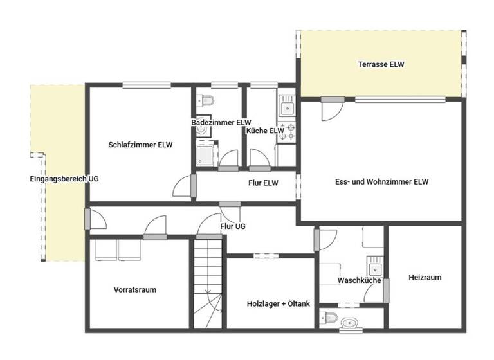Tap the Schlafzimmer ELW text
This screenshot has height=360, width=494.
[141, 145]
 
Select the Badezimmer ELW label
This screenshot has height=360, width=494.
[221, 122]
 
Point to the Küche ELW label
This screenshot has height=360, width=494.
[265, 130]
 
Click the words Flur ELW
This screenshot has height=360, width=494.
[263, 183]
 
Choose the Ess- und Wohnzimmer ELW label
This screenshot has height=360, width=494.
[382, 182]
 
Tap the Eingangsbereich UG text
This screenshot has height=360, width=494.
[55, 179]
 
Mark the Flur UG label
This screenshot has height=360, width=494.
[233, 226]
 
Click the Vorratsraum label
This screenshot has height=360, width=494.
[135, 289]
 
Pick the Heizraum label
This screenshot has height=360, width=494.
[425, 278]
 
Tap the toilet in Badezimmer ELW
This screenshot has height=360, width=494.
[207, 100]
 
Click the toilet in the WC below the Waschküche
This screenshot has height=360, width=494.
[331, 318]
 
